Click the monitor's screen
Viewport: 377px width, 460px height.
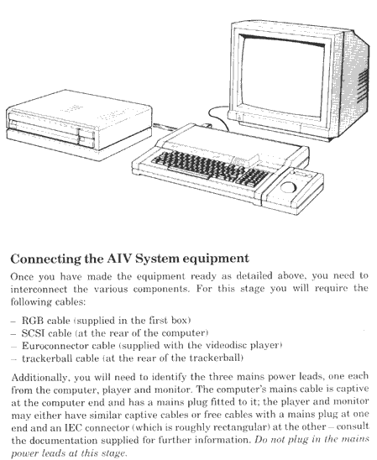[282, 77]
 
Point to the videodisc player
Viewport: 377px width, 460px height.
[79, 125]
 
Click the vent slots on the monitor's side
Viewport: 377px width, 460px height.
[363, 85]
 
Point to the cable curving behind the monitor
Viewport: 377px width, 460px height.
[217, 116]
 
